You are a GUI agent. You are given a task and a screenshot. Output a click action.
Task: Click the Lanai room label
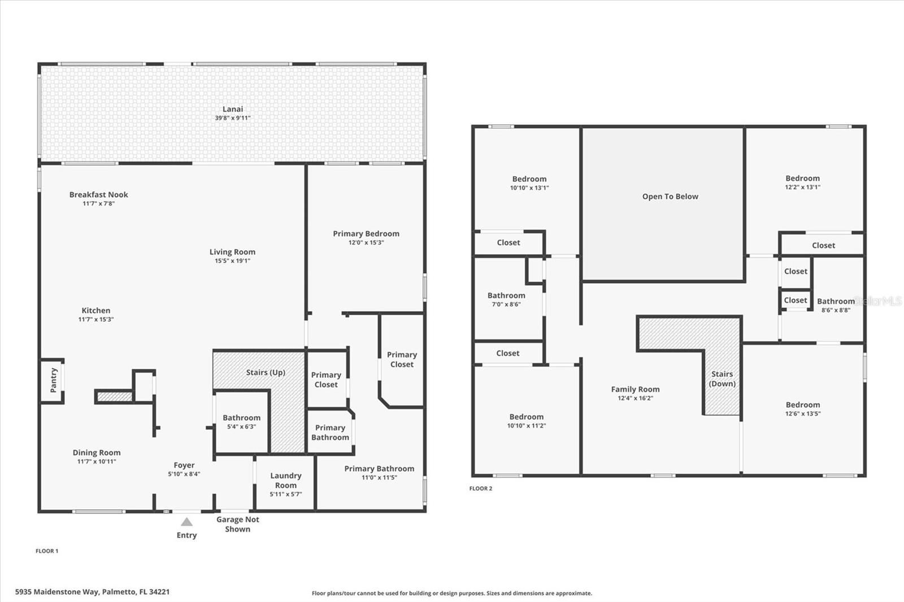[x=232, y=109]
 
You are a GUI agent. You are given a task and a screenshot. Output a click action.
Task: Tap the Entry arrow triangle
[x=186, y=522]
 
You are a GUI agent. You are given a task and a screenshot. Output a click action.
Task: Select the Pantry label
[x=54, y=380]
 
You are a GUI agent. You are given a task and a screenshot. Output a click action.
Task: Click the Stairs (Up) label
[x=266, y=372]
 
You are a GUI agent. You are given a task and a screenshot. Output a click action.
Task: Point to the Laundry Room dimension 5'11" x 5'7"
[x=286, y=494]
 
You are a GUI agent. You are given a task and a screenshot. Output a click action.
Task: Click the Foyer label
[x=184, y=465]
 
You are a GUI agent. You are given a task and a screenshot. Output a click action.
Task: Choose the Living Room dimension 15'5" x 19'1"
[x=232, y=261]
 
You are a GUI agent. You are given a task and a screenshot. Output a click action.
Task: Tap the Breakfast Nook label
[x=99, y=195]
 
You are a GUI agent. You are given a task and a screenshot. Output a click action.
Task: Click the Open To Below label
[x=670, y=197]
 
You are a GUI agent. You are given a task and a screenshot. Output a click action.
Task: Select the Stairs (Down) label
[x=722, y=379]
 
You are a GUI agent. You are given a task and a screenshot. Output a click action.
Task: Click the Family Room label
[x=635, y=389]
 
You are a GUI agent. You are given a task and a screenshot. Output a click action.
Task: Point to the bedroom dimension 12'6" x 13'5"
[x=803, y=413]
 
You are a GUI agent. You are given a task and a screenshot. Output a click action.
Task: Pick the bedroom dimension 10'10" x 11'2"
[x=526, y=426]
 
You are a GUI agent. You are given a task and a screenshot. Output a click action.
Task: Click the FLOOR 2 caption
[x=481, y=488]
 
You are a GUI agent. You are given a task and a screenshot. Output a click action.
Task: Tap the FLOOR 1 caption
[x=47, y=551]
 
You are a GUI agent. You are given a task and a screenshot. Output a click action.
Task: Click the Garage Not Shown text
[x=237, y=524]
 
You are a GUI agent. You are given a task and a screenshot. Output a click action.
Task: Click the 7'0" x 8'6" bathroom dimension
[x=506, y=304]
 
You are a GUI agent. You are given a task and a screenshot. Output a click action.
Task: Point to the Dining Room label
[x=97, y=452]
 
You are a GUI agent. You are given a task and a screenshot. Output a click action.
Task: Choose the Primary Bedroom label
[x=366, y=233]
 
